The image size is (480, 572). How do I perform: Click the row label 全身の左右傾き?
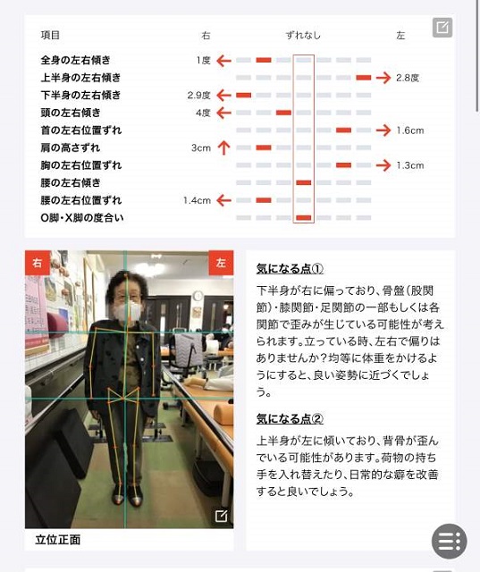click(75, 60)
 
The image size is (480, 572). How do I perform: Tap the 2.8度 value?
click(408, 78)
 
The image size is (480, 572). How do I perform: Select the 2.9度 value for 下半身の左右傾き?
click(199, 96)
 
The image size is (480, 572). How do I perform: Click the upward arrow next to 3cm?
click(224, 147)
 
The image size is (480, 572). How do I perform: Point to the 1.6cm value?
click(410, 130)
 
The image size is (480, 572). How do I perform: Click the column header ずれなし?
click(303, 36)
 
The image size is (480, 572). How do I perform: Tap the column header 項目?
click(50, 35)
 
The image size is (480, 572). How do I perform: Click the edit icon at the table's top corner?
click(442, 28)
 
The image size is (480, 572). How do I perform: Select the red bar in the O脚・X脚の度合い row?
click(304, 218)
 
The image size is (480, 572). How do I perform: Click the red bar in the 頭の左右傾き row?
click(283, 113)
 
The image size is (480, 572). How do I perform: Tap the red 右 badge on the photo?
click(38, 262)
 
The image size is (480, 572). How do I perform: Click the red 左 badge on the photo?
click(221, 262)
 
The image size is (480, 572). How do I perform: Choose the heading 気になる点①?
click(290, 268)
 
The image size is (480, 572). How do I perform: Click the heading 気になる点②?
click(290, 418)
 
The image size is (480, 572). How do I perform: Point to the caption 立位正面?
click(58, 540)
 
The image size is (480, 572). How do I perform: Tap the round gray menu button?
click(450, 542)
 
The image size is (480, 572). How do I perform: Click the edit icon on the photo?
click(221, 516)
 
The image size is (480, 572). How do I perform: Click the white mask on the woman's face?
click(127, 310)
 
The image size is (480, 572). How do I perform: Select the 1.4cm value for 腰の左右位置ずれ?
click(197, 200)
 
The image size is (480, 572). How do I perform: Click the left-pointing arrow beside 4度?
click(224, 113)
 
